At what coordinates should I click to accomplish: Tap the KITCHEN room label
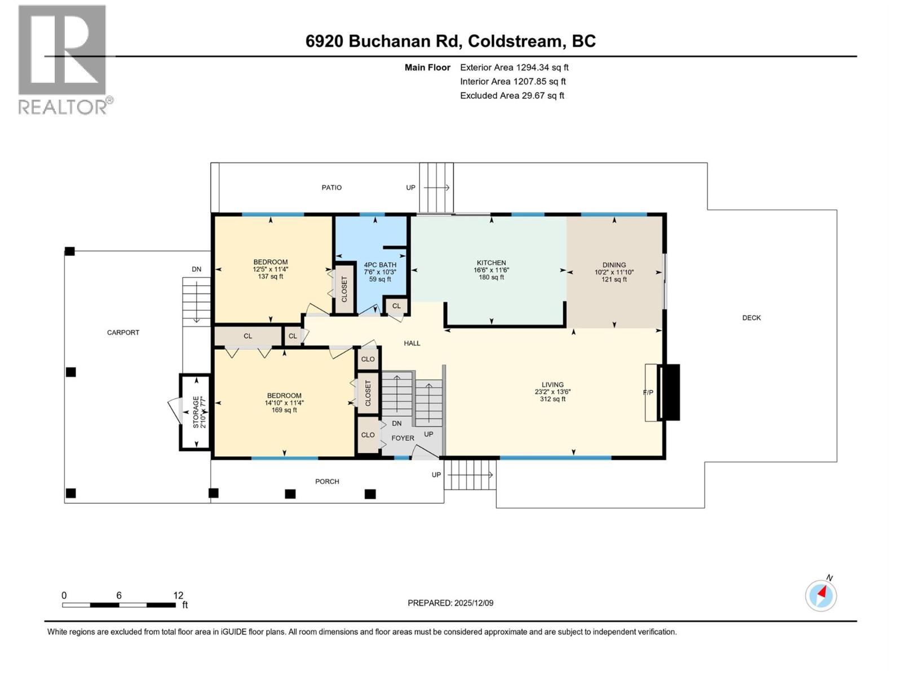point(491,263)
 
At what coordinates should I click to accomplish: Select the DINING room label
point(614,265)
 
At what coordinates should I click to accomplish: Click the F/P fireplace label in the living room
point(648,393)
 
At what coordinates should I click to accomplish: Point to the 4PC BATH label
point(380,265)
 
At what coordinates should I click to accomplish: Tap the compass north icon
point(821,595)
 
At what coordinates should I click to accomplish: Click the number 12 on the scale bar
point(178,595)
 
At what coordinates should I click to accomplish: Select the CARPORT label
point(123,332)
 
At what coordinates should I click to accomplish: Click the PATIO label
point(331,188)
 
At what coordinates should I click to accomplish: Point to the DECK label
point(751,318)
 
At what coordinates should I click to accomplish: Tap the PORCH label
point(327,482)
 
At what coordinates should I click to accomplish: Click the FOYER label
point(403,438)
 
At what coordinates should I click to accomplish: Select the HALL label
point(412,343)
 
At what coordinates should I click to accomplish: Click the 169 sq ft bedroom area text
point(284,410)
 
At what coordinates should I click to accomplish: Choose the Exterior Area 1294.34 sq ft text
point(514,68)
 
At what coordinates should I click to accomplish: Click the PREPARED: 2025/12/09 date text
point(450,603)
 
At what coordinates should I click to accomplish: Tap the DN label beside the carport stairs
point(196,269)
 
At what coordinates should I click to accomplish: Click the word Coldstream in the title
point(515,41)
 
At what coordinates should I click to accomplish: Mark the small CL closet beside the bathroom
point(396,306)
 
